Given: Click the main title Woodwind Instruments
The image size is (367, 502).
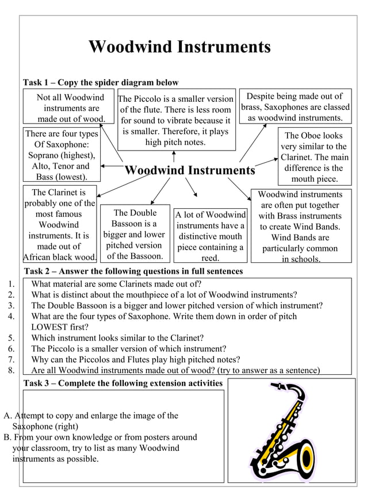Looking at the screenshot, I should point(179,47).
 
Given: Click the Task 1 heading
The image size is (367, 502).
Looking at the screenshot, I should point(101,83).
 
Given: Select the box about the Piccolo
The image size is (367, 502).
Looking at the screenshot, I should point(175,120).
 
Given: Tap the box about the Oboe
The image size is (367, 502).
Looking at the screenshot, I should point(314,157).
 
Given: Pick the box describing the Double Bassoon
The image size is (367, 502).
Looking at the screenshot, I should point(135,234).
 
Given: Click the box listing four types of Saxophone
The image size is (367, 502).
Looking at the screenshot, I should point(62,155).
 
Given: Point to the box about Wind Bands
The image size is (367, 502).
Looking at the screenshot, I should point(299,227).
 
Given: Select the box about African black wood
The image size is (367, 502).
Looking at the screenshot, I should point(59,224).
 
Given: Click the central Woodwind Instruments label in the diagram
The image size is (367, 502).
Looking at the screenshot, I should point(190,170).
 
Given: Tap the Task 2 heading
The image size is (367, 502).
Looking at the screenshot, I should point(133,271).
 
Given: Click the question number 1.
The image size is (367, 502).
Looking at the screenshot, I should point(11,283).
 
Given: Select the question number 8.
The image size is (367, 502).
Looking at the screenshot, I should point(11,370).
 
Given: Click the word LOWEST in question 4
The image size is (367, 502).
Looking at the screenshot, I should point(52,327).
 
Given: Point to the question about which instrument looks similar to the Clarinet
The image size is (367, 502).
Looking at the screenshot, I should point(117,338).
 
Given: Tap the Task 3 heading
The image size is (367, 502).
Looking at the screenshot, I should point(123,383).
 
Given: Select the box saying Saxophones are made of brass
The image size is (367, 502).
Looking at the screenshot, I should point(295,107).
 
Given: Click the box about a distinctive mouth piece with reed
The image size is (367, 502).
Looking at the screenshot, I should point(210,236).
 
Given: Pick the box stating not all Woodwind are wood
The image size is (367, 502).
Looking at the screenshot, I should point(68,108).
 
